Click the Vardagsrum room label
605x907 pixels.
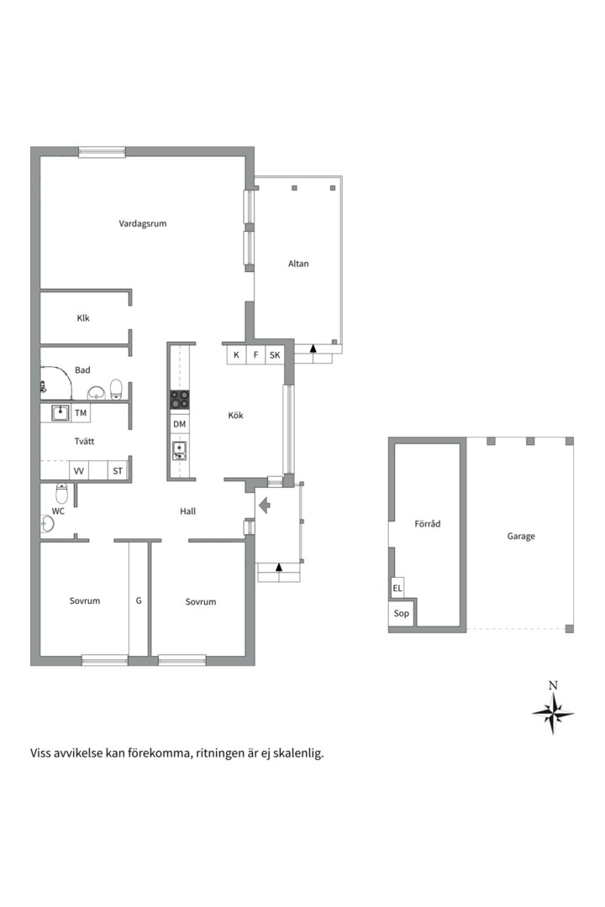coord(142,223)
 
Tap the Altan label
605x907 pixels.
coord(298,263)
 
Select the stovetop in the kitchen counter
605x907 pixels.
coord(180,399)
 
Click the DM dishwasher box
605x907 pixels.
coord(180,424)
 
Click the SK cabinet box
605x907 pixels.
coord(275,354)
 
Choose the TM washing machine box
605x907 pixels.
coord(81,412)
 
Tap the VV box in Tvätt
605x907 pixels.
coord(79,470)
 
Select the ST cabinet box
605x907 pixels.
coord(118,470)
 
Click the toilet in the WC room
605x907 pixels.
coord(62,494)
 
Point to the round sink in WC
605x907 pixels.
coord(47,523)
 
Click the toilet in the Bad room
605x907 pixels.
coord(116,390)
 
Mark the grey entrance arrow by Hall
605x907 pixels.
coord(265,506)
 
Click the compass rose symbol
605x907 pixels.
coord(553,713)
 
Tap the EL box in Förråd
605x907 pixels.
coord(397,588)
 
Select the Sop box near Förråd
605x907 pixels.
coord(401,613)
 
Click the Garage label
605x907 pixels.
coord(521,536)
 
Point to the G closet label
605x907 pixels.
coord(139,600)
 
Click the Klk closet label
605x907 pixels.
coord(83,317)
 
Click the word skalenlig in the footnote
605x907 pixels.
coord(297,753)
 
